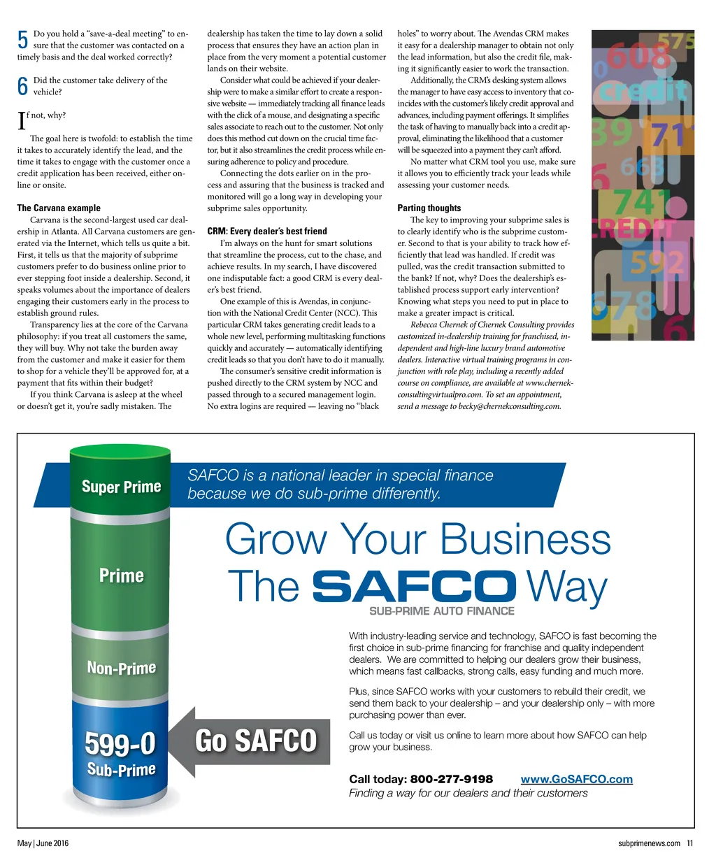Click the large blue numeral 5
[22, 40]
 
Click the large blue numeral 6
[22, 86]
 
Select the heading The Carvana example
[59, 208]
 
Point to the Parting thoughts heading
[429, 208]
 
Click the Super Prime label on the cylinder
[121, 487]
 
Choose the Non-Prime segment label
[121, 668]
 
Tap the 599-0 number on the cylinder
[120, 744]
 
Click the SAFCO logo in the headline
[413, 586]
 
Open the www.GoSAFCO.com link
[576, 779]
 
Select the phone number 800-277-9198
[451, 779]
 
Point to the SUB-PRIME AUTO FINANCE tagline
[441, 611]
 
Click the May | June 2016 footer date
[43, 843]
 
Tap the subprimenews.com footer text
[649, 843]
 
